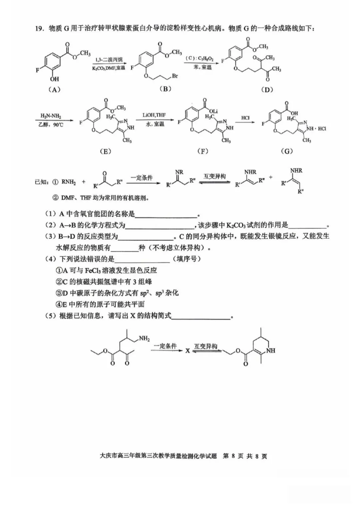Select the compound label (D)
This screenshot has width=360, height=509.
(x=267, y=89)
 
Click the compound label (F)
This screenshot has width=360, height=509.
(x=203, y=151)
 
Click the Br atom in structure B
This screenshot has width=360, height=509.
(x=175, y=76)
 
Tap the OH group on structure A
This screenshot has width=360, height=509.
(x=54, y=79)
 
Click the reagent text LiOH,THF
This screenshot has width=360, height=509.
(x=154, y=115)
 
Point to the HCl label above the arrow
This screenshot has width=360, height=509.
(x=245, y=118)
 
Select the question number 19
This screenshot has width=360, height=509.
(x=40, y=29)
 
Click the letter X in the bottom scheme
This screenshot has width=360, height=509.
(x=188, y=351)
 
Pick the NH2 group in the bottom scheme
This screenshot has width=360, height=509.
(x=144, y=338)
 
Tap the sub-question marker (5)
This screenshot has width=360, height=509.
(x=51, y=316)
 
